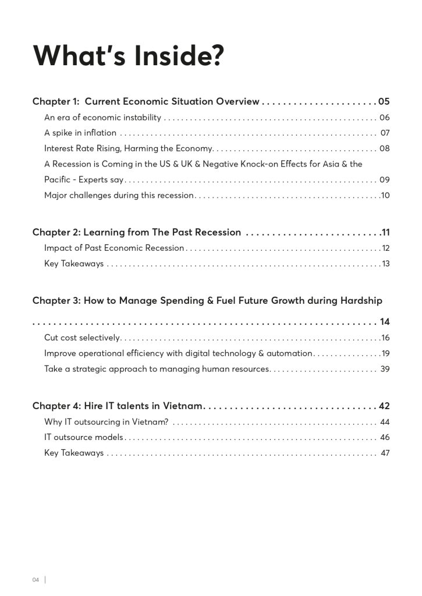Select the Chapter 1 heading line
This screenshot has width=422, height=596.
(x=146, y=102)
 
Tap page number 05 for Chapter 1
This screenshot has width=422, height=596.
(x=384, y=102)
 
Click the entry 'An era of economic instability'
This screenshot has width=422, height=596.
(x=102, y=118)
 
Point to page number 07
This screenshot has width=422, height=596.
(x=385, y=133)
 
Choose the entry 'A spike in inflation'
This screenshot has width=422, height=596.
(x=80, y=133)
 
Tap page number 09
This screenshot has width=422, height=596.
(x=384, y=180)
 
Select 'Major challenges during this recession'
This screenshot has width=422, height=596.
(x=119, y=196)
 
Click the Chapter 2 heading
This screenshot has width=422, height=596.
(x=137, y=232)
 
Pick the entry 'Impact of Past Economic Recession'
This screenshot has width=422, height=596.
(x=114, y=248)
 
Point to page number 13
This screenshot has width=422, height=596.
(x=385, y=264)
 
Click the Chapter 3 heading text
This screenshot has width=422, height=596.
(x=207, y=301)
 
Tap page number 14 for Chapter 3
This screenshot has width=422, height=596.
(x=385, y=321)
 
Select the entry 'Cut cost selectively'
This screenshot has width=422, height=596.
(x=82, y=338)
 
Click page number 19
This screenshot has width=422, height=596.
(x=385, y=353)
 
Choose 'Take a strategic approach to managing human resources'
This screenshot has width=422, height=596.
(x=157, y=369)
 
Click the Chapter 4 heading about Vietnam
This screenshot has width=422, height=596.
(x=118, y=406)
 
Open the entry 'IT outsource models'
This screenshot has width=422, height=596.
(x=84, y=437)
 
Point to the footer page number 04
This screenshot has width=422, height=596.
(x=36, y=580)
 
